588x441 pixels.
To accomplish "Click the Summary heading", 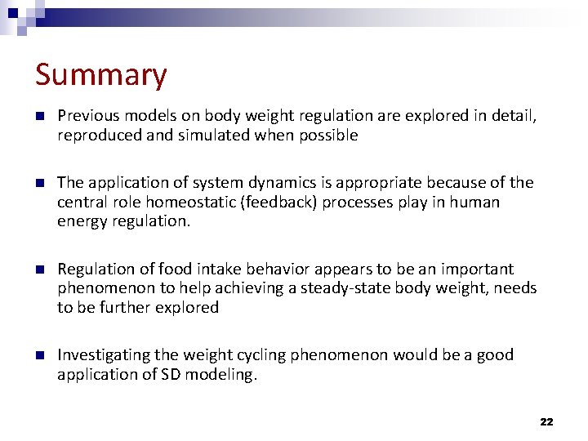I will [100, 75].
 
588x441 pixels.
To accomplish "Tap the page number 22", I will [546, 421].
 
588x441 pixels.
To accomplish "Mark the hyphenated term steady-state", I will [345, 288].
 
